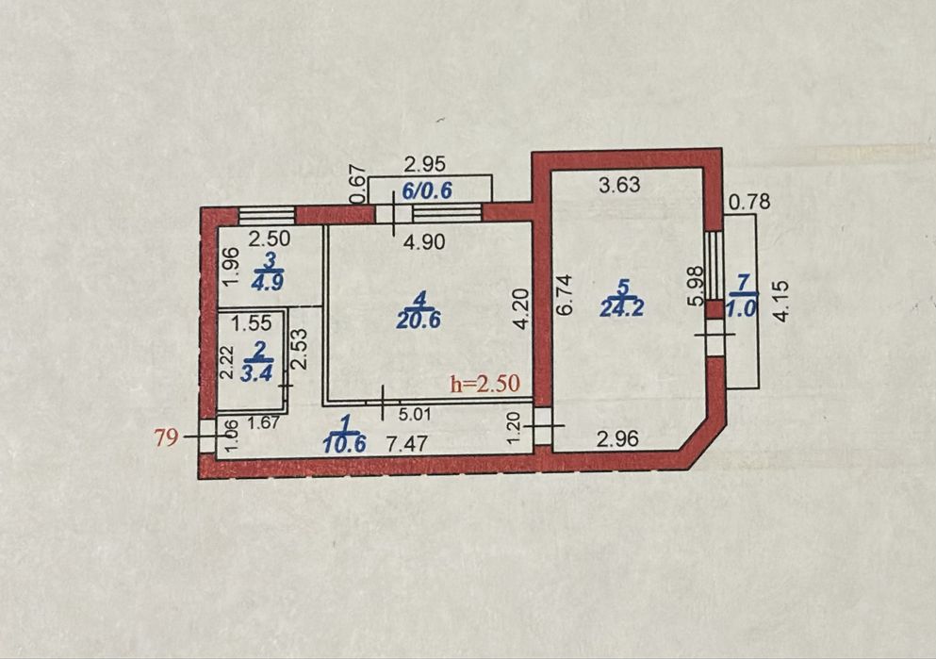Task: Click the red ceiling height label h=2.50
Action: tap(485, 383)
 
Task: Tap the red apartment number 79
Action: tap(167, 437)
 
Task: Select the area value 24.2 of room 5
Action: tap(621, 308)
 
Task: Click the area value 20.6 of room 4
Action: tap(419, 320)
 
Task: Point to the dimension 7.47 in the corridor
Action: tap(406, 443)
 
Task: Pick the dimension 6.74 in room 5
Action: tap(565, 294)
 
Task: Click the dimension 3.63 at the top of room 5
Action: tap(619, 185)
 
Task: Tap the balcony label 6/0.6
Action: tap(427, 191)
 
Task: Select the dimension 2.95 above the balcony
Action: tap(424, 163)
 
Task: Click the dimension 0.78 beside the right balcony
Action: tap(749, 203)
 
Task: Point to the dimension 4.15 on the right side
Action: tap(781, 302)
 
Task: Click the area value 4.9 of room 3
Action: tap(268, 282)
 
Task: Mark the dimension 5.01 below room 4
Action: tap(415, 413)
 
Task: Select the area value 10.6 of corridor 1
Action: tap(344, 443)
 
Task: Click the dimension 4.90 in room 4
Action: tap(424, 241)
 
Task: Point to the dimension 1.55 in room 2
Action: tap(252, 323)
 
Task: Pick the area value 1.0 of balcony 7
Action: tap(743, 308)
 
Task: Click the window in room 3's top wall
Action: tap(267, 214)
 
